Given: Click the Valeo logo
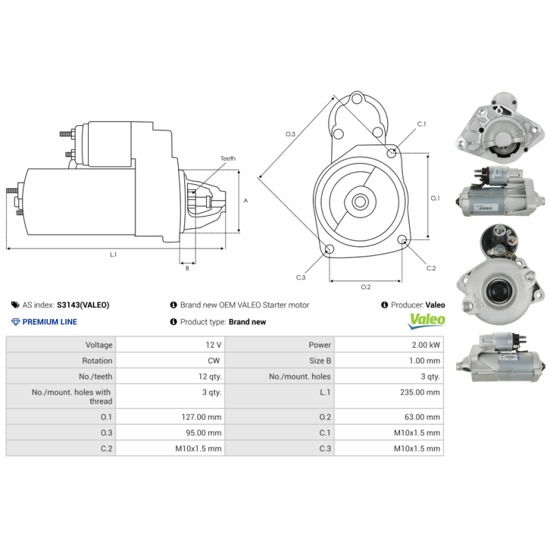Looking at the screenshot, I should [427, 320].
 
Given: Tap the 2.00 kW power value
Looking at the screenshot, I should [426, 345].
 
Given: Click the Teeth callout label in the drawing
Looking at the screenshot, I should [228, 159].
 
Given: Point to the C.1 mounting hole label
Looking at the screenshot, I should [421, 124].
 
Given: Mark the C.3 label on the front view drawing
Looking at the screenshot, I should [300, 277].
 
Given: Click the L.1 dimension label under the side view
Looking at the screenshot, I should [113, 254].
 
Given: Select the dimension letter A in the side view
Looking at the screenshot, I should [245, 200].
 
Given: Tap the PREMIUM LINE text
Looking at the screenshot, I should [49, 322].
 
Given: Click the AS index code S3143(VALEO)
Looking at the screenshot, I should [82, 305].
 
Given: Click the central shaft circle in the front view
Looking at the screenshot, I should [360, 202].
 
